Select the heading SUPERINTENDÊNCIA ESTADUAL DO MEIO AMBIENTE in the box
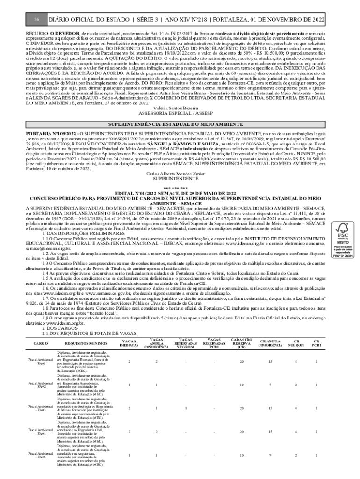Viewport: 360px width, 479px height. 176,125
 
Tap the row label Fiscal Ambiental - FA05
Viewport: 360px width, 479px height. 37,455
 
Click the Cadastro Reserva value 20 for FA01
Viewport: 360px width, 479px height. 241,362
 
